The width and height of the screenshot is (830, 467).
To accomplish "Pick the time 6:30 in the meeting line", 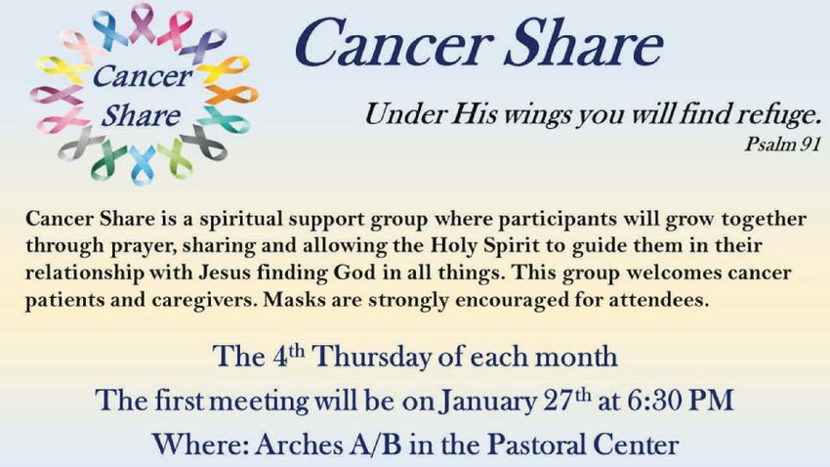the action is [x=654, y=401].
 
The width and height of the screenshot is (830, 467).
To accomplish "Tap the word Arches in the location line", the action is [x=299, y=445].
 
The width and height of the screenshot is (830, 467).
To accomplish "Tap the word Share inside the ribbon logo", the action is [x=141, y=116].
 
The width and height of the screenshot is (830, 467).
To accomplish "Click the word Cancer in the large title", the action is [x=394, y=43].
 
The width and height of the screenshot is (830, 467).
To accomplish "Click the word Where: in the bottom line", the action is [x=200, y=445].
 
